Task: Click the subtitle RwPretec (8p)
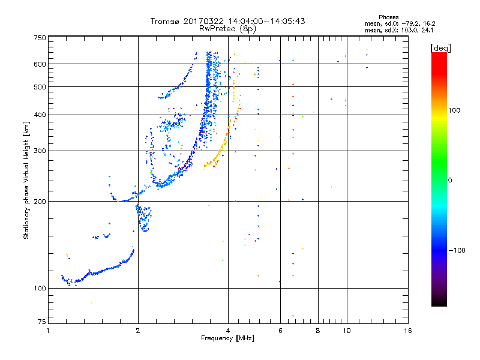(227, 29)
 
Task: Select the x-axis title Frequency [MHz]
(227, 338)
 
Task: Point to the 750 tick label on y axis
(40, 38)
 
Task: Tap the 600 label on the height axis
(40, 64)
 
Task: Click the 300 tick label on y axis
(40, 151)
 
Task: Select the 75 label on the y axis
(42, 322)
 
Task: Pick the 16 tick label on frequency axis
(408, 331)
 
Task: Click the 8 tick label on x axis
(318, 331)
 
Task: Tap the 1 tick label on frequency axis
(48, 331)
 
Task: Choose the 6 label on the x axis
(280, 331)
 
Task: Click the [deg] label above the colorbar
(440, 48)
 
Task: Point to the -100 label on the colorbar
(457, 250)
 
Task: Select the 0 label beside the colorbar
(450, 181)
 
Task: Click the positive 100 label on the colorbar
(454, 110)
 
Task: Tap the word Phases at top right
(388, 17)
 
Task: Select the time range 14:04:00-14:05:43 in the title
(266, 21)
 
